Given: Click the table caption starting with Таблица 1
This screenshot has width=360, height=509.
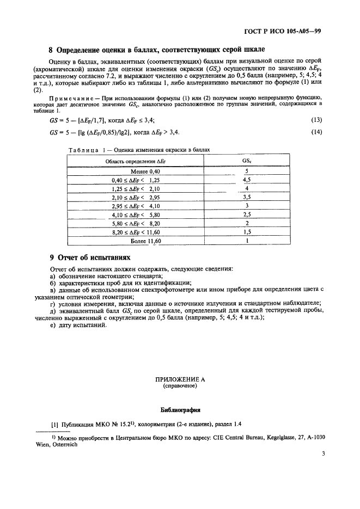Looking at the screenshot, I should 138,149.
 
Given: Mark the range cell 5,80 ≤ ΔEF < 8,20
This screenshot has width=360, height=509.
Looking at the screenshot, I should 135,223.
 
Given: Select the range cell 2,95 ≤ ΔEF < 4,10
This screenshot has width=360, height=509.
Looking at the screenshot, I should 135,206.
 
